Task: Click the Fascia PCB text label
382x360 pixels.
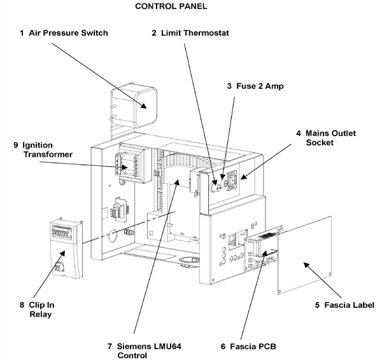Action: click(248, 347)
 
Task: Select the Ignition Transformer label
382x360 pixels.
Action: click(41, 149)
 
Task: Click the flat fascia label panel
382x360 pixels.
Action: click(306, 254)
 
